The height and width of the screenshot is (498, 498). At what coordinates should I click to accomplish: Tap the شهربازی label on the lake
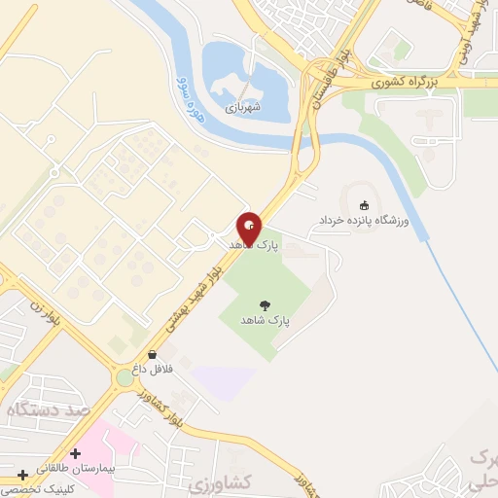244,108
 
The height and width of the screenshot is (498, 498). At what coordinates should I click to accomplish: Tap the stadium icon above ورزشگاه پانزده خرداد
364,205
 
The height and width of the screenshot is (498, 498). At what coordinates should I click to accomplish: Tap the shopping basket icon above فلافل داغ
152,354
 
